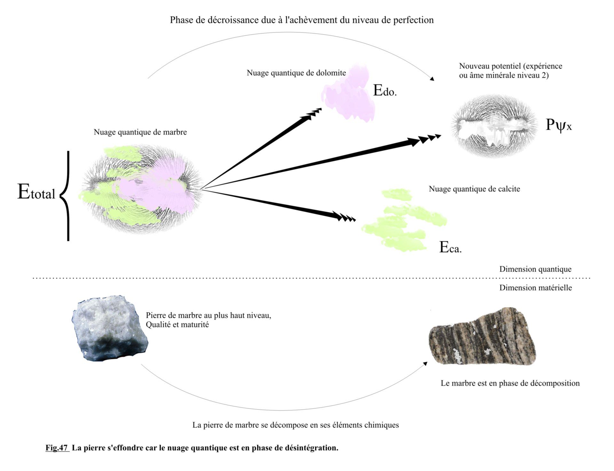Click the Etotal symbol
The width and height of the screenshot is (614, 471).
36,192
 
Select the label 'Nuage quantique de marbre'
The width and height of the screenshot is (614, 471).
140,132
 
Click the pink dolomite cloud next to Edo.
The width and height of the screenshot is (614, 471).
349,94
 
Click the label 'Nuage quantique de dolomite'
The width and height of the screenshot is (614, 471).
296,73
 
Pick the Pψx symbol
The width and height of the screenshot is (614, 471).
558,125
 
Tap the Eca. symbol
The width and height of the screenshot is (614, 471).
450,248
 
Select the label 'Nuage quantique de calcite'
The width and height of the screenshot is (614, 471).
474,189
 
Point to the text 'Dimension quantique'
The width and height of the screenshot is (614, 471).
535,269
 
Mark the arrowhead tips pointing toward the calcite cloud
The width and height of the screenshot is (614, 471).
345,218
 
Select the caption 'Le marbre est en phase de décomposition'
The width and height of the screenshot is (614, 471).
510,383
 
